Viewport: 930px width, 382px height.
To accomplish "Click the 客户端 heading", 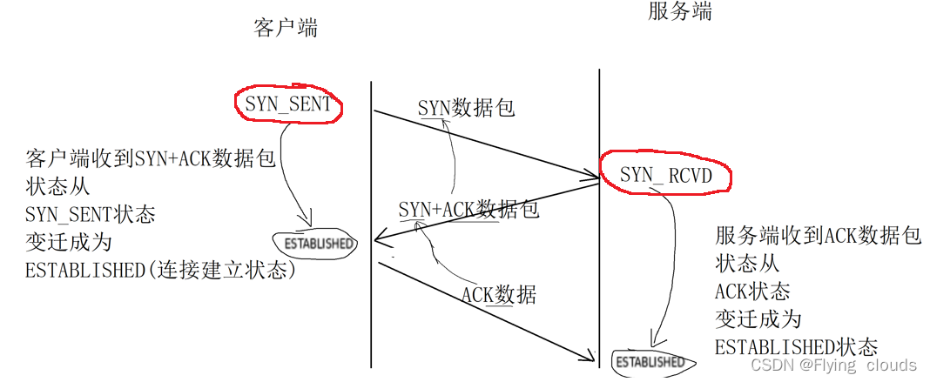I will click(286, 28).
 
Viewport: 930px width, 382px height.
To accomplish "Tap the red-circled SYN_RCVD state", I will click(665, 177).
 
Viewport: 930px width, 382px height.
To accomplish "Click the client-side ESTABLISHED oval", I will click(315, 244).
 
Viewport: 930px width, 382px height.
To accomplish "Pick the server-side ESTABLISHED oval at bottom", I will click(649, 361).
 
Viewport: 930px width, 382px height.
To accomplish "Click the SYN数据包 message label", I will click(466, 108).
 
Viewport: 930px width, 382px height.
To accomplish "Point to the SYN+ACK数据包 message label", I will click(468, 209).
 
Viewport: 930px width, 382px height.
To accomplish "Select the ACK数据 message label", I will click(498, 295).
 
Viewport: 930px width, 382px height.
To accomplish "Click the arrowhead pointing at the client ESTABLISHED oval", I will click(307, 224).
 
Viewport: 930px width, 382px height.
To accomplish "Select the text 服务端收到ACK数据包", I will click(818, 237).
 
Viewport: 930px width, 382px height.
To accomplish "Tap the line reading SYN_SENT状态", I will click(91, 214).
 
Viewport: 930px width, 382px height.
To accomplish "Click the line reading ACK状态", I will click(752, 292).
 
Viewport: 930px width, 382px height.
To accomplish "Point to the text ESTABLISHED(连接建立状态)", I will click(161, 270).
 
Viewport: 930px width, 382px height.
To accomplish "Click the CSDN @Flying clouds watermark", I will click(833, 365).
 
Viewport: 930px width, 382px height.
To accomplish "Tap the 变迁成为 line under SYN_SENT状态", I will click(69, 242).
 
